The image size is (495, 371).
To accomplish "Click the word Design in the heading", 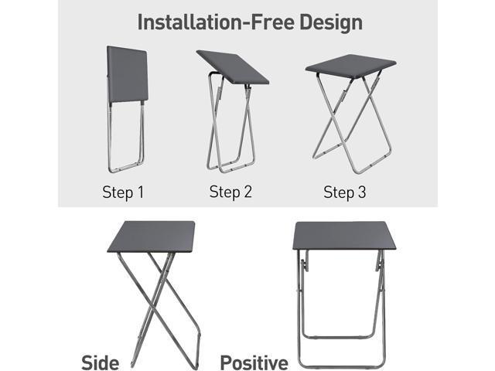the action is [x=330, y=23].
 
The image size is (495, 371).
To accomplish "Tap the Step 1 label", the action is [x=123, y=192].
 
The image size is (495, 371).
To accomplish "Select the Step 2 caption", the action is [x=230, y=192].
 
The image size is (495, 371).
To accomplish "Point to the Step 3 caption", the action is [x=345, y=192].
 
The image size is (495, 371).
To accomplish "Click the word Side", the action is [x=101, y=362].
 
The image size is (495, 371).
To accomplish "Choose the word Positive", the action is [x=254, y=363].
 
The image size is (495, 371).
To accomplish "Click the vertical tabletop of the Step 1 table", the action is [x=128, y=74].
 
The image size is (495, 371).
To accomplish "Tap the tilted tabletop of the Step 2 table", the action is [x=233, y=67].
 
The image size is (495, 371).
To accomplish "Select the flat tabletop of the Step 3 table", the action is [x=350, y=64].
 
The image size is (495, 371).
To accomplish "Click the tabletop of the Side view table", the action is [x=152, y=237].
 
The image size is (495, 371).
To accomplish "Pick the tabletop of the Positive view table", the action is [x=344, y=235].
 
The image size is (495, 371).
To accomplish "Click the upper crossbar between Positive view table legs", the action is [x=343, y=337].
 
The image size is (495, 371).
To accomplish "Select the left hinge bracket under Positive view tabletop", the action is [x=304, y=266].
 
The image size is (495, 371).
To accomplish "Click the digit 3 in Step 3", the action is [x=362, y=192].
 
